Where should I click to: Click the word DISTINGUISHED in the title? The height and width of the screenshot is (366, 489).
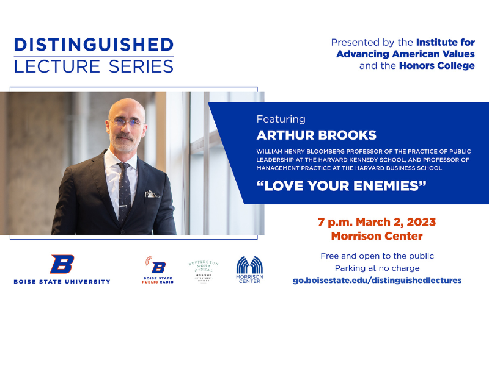pyautogui.click(x=94, y=45)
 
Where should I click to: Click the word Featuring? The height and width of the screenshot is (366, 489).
pyautogui.click(x=281, y=119)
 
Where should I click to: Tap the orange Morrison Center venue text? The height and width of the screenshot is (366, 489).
pyautogui.click(x=377, y=235)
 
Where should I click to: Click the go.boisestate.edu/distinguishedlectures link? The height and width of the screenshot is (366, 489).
pyautogui.click(x=377, y=280)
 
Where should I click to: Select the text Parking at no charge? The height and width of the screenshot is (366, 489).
pyautogui.click(x=377, y=268)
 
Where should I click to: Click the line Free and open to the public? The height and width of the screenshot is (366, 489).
pyautogui.click(x=377, y=256)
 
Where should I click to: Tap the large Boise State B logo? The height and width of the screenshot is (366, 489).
pyautogui.click(x=62, y=264)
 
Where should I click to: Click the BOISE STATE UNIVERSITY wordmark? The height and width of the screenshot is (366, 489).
pyautogui.click(x=62, y=282)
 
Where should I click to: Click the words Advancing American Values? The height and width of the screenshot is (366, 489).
pyautogui.click(x=405, y=54)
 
